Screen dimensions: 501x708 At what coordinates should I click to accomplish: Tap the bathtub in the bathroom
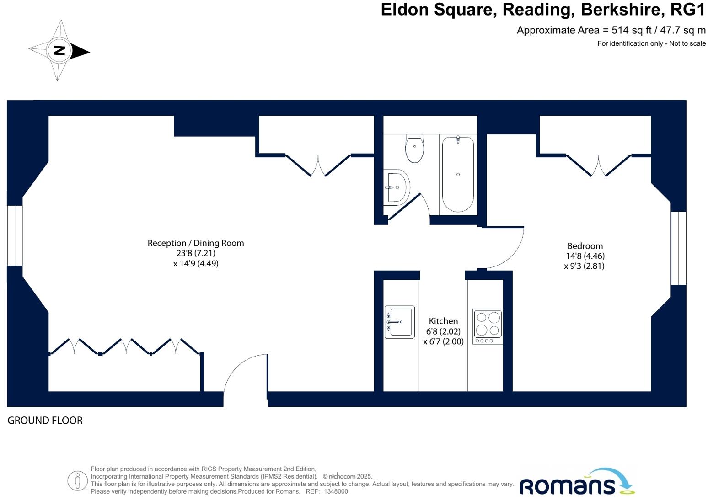click(458, 174)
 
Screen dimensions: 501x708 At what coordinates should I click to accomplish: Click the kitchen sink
click(399, 322)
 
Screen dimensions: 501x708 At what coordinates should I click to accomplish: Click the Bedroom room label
click(585, 246)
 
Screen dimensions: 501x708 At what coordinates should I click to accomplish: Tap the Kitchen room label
click(443, 321)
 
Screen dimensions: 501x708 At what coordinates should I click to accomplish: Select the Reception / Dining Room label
click(196, 243)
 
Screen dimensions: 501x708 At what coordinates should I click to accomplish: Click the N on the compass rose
click(59, 50)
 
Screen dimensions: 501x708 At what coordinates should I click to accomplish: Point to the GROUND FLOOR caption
click(45, 421)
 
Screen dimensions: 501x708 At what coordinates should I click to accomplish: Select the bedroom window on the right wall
click(678, 248)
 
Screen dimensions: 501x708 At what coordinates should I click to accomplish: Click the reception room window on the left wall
click(15, 235)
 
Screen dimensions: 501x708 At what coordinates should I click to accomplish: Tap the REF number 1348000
click(336, 491)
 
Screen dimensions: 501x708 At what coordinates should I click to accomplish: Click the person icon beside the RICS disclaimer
click(77, 480)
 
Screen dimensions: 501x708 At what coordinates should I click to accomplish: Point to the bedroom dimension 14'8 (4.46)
click(585, 256)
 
